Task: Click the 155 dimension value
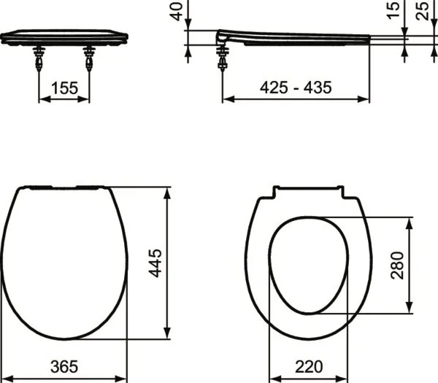click(64, 88)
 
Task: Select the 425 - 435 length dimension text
click(296, 88)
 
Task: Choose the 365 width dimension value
click(64, 365)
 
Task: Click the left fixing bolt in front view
click(38, 58)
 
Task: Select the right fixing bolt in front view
click(89, 58)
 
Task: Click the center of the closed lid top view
click(64, 263)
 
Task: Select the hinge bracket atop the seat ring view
click(308, 192)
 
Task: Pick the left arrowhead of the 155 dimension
click(41, 101)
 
